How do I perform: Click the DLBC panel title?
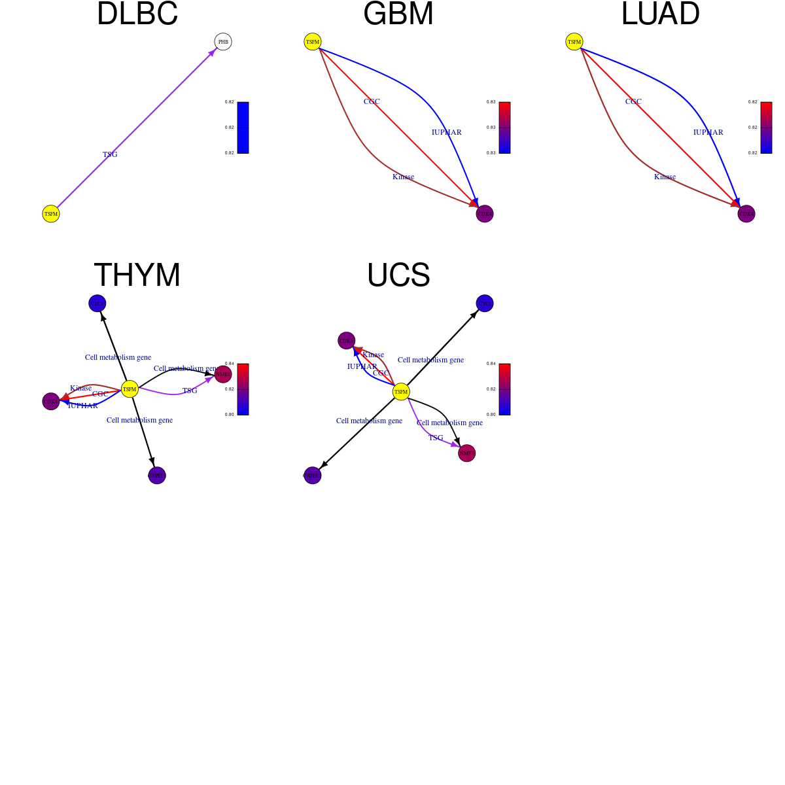coord(137,14)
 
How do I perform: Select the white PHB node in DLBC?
coord(223,42)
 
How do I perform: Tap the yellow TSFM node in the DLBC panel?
coord(51,214)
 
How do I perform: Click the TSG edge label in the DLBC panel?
coord(110,154)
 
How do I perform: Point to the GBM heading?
coord(398,14)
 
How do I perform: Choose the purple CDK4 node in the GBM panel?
coord(485,214)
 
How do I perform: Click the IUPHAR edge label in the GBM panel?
coord(447,132)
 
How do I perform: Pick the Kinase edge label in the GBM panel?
coord(403,177)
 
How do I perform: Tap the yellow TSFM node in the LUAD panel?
coord(574,42)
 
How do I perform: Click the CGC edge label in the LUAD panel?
coord(633,101)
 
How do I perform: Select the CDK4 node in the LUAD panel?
coord(746,214)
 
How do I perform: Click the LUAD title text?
coord(660,14)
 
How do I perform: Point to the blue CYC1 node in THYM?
coord(97,304)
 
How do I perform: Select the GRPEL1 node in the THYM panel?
coord(157,476)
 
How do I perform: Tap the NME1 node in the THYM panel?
coord(223,374)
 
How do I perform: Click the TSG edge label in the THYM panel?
coord(190,391)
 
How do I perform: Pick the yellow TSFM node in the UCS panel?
coord(401,392)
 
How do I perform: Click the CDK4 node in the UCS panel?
coord(347,341)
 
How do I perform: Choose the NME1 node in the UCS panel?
coord(466,453)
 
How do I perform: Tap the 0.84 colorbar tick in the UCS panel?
coord(491,364)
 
